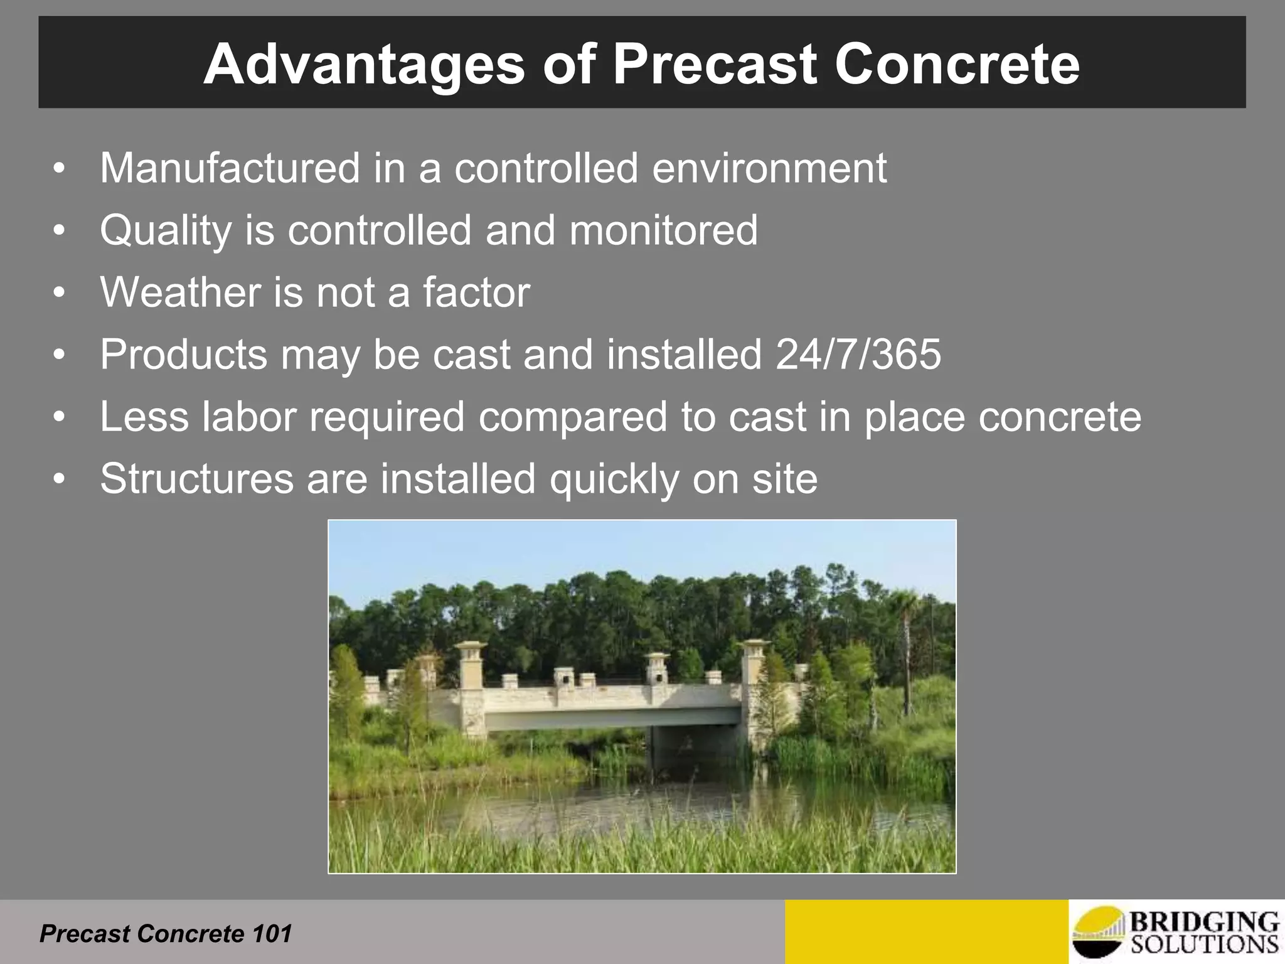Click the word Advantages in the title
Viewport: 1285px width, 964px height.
(x=364, y=65)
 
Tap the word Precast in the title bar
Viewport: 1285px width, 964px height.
(x=715, y=65)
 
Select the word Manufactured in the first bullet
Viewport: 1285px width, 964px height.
(x=229, y=168)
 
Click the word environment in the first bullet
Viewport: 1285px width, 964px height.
(x=769, y=168)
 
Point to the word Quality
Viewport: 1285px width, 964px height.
(x=166, y=231)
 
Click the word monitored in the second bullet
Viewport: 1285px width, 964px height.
(x=663, y=230)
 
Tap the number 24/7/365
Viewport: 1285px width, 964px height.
(x=858, y=355)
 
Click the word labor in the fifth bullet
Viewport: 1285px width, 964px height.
(x=248, y=417)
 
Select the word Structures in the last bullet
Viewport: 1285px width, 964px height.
(x=196, y=479)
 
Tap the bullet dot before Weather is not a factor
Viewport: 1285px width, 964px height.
(x=59, y=293)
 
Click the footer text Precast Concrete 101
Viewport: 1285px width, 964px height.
(x=166, y=934)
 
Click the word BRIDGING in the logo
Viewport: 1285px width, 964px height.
(x=1204, y=923)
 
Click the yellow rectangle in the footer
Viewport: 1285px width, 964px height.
(x=926, y=932)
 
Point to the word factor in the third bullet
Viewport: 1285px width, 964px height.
(x=476, y=292)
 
